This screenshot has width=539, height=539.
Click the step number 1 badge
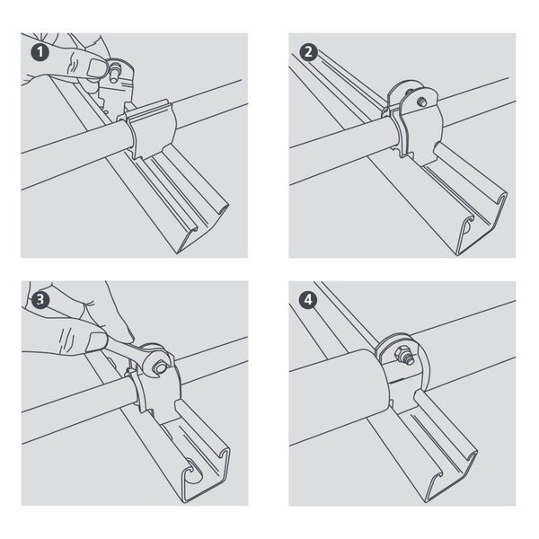tap(39, 51)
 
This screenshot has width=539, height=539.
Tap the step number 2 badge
tap(308, 51)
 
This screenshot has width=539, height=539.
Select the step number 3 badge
tap(39, 298)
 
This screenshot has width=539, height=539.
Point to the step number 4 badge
tap(308, 298)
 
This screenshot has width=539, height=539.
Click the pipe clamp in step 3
tap(153, 386)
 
